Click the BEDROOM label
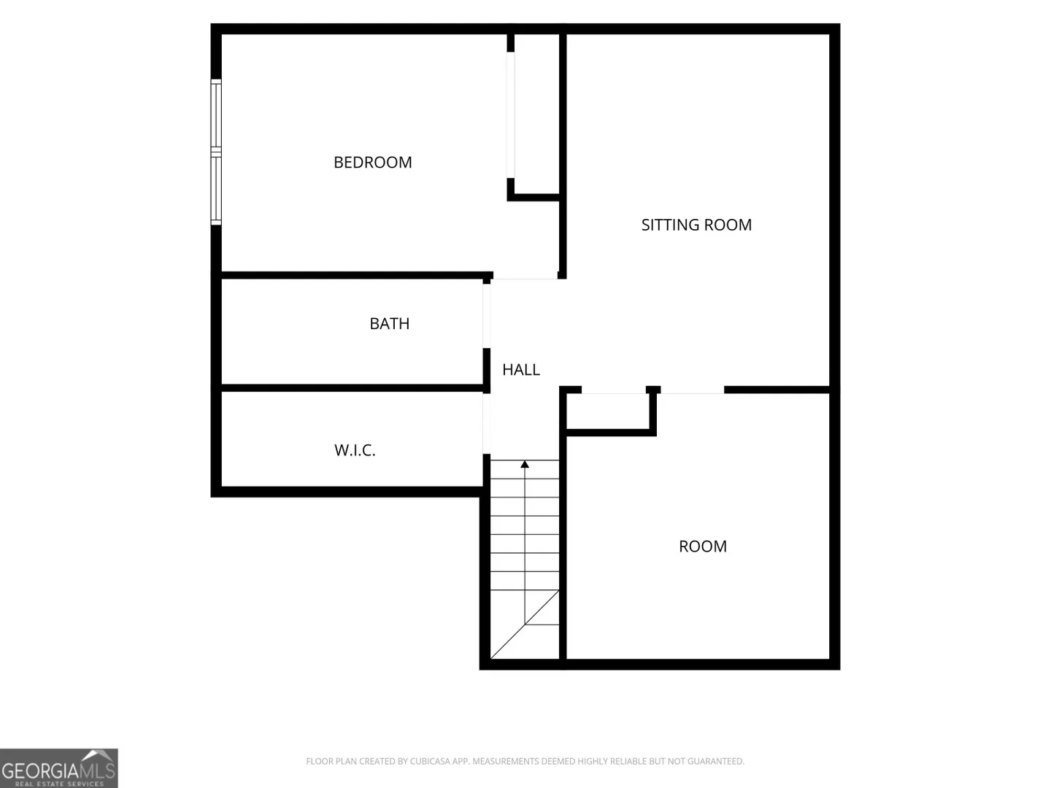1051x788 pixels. (372, 162)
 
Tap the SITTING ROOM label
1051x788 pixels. (696, 225)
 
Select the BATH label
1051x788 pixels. (389, 323)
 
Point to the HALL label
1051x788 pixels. (521, 369)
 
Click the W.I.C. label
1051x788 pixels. (355, 450)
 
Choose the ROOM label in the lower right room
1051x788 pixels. (702, 546)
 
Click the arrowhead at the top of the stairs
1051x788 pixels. (525, 464)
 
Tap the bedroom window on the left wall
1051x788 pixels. (216, 152)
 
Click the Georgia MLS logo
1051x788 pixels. (59, 768)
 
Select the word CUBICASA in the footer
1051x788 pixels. (429, 761)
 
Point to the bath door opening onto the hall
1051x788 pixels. (487, 316)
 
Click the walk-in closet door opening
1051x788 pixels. (487, 423)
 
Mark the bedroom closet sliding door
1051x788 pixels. (511, 115)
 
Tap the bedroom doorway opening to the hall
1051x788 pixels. (525, 279)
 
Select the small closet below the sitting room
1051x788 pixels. (608, 411)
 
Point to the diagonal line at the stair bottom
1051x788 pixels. (525, 625)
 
